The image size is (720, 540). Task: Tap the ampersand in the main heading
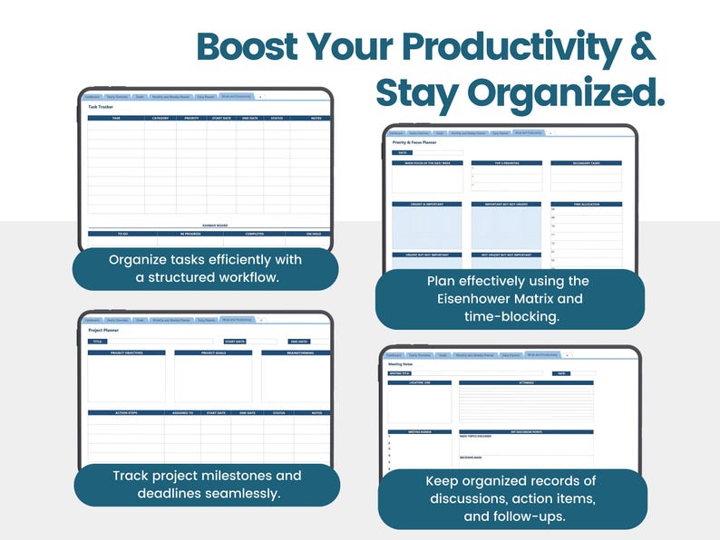640,47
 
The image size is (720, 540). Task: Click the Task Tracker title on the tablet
101,107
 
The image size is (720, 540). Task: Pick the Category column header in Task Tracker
161,118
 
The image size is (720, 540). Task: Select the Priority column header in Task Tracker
191,118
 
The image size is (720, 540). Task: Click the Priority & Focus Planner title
415,142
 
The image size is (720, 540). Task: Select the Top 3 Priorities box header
507,163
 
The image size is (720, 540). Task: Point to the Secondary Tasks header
585,163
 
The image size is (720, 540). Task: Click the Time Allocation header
585,204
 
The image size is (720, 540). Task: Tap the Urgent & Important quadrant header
427,204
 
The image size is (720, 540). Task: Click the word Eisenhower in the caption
482,299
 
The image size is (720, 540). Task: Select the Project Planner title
103,330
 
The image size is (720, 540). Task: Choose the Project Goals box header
213,352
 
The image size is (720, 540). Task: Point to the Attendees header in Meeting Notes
525,382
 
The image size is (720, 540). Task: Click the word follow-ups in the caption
534,516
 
